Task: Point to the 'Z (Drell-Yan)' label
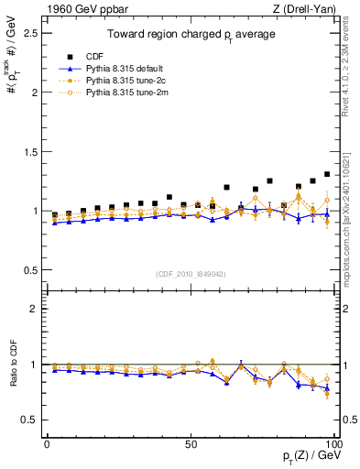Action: pyautogui.click(x=308, y=9)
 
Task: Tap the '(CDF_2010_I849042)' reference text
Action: pyautogui.click(x=191, y=274)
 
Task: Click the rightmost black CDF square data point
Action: pyautogui.click(x=327, y=174)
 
